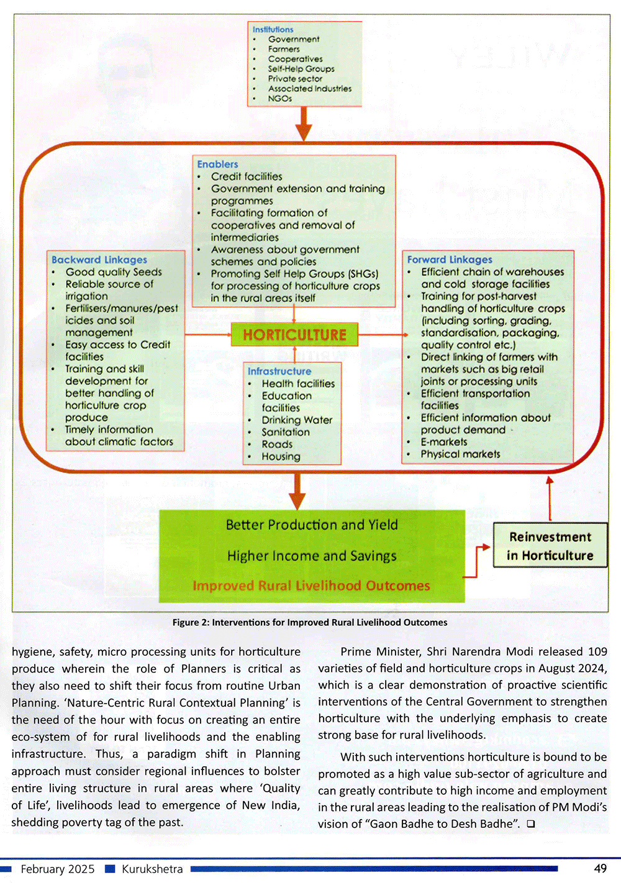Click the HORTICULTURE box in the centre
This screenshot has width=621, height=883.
pyautogui.click(x=294, y=335)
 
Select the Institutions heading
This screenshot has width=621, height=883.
pyautogui.click(x=273, y=29)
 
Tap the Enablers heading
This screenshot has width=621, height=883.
pyautogui.click(x=217, y=164)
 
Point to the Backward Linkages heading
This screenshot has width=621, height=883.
pyautogui.click(x=99, y=260)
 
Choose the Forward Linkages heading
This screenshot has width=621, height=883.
pyautogui.click(x=450, y=260)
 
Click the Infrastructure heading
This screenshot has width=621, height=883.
pyautogui.click(x=279, y=371)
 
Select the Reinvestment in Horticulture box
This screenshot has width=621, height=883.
pyautogui.click(x=550, y=546)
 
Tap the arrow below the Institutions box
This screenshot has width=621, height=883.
pyautogui.click(x=303, y=124)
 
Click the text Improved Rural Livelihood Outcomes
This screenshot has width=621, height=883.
pyautogui.click(x=311, y=586)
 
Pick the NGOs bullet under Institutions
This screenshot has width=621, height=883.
pyautogui.click(x=279, y=98)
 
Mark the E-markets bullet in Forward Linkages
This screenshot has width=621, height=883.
pyautogui.click(x=443, y=441)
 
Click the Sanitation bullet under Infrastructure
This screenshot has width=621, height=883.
pyautogui.click(x=285, y=432)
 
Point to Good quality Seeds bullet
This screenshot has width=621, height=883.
pyautogui.click(x=114, y=272)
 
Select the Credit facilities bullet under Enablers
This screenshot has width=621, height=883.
pyautogui.click(x=246, y=176)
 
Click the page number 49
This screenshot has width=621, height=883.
pyautogui.click(x=600, y=868)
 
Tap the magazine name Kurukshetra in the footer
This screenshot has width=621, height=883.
pyautogui.click(x=152, y=869)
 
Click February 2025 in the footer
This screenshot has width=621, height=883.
pyautogui.click(x=57, y=869)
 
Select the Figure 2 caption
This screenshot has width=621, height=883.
pyautogui.click(x=310, y=622)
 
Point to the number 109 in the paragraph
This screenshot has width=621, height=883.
pyautogui.click(x=597, y=651)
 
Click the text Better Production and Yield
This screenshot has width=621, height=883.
pyautogui.click(x=312, y=525)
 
